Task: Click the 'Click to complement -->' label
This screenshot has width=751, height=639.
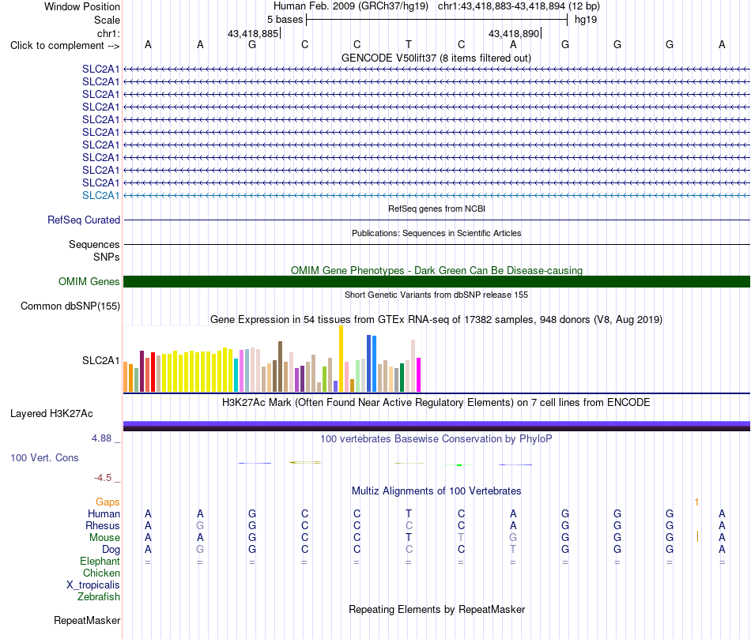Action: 65,46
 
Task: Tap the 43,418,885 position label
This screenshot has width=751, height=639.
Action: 252,33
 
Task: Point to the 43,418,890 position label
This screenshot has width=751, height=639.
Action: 513,33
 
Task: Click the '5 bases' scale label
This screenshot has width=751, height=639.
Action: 285,20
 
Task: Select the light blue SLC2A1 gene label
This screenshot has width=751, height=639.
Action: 100,195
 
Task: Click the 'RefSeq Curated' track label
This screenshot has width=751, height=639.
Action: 84,220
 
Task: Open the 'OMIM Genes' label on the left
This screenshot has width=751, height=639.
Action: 89,281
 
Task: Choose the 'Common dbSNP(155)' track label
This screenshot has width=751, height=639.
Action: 70,306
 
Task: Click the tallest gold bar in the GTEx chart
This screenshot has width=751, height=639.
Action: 341,359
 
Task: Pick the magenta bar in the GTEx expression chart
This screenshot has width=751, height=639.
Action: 419,374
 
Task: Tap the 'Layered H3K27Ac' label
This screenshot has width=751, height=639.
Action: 51,414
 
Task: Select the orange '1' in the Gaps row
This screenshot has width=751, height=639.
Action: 697,502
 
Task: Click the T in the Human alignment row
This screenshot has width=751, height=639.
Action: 409,513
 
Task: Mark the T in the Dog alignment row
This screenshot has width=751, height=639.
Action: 513,549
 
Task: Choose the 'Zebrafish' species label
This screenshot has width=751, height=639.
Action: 99,596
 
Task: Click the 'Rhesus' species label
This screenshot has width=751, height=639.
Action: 103,525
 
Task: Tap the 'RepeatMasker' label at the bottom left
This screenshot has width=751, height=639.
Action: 87,620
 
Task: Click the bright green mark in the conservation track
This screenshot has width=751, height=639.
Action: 459,464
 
